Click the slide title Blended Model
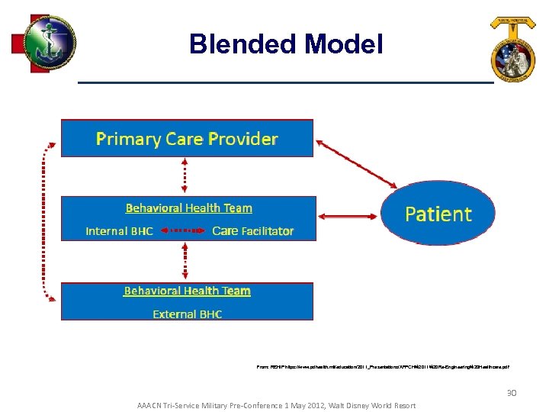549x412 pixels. tap(286, 44)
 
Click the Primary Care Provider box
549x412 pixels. tap(187, 138)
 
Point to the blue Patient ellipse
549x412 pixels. tap(438, 213)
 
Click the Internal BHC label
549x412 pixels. tap(119, 230)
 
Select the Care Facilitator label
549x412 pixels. tap(252, 230)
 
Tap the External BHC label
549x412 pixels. tap(187, 314)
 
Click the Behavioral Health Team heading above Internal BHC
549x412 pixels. tap(188, 208)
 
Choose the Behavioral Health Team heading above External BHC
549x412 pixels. tap(187, 291)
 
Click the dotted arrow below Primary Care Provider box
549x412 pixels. tap(184, 176)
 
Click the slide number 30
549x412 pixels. tap(512, 393)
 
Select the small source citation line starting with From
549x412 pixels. tap(383, 367)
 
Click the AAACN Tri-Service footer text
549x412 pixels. tap(276, 405)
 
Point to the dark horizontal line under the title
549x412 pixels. tap(286, 82)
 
